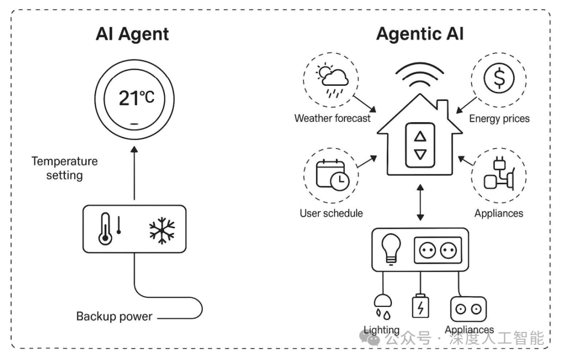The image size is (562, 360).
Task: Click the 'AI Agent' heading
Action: pos(132,34)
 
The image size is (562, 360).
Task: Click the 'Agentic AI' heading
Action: pos(419,34)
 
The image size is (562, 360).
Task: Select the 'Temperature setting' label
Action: pos(65,168)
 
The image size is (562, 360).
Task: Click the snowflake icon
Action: pos(162,229)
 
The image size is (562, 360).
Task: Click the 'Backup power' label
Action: pos(114,316)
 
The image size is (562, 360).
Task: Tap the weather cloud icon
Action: pos(334,79)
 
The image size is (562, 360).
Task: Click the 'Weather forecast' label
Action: pos(333,118)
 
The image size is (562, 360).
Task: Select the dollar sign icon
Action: pos(498,79)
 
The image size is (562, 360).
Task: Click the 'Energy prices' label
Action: pos(499,119)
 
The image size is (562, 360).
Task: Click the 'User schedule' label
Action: pos(331,213)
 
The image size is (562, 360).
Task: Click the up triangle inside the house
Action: pos(420,136)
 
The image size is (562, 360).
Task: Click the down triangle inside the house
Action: pos(420,155)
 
